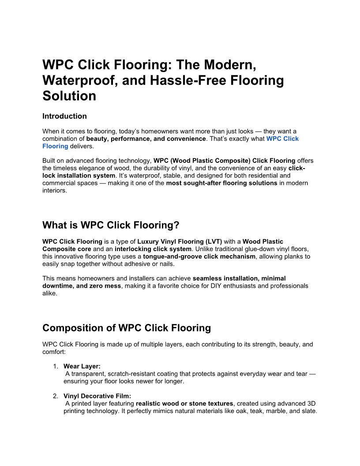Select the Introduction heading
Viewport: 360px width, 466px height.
[64, 116]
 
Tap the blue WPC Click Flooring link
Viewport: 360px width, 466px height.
[282, 139]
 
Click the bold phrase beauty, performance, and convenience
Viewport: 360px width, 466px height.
[146, 139]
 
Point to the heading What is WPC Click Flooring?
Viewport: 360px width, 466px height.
[111, 225]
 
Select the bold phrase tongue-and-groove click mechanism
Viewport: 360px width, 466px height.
[199, 256]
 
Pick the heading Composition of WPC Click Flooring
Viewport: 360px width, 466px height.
[126, 328]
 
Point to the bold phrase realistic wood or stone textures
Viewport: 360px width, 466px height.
[184, 403]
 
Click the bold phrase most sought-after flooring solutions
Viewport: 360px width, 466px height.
[221, 183]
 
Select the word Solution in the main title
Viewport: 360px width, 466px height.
[69, 96]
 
